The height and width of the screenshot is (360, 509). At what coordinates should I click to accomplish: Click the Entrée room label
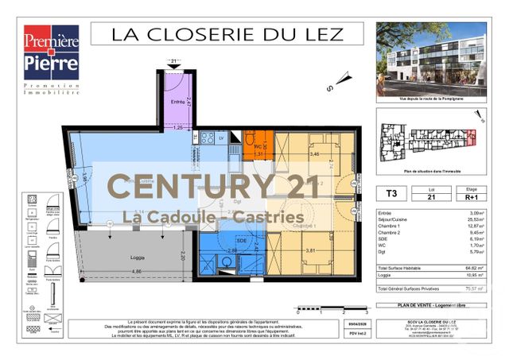(177, 103)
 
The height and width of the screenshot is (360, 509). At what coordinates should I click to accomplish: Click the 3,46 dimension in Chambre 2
(314, 153)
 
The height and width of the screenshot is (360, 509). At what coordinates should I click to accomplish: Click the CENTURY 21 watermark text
(203, 188)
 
